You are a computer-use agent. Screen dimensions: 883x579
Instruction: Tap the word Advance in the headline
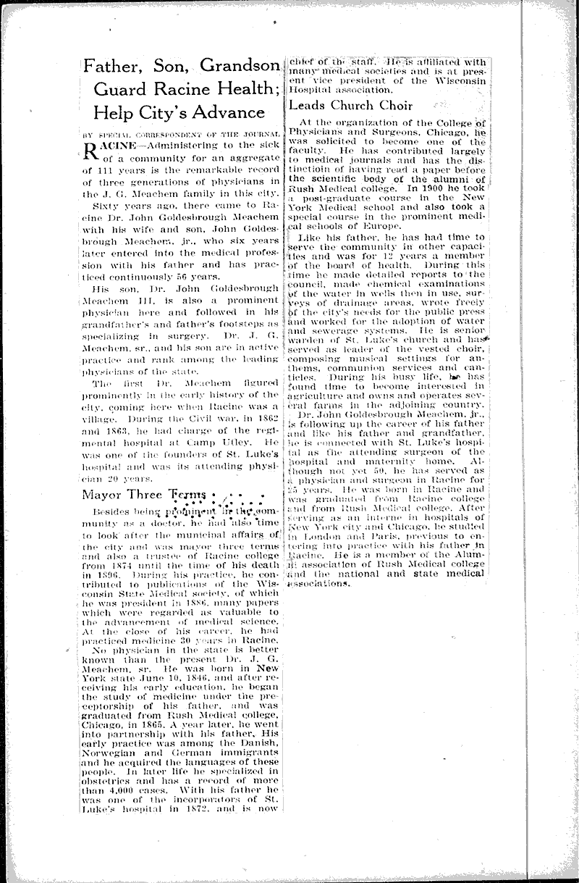click(x=230, y=112)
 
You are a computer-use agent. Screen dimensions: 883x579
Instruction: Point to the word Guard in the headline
click(x=117, y=90)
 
